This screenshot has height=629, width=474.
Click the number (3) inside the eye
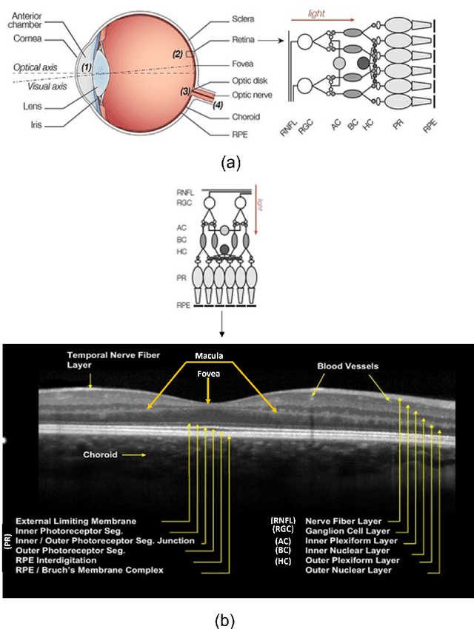(x=185, y=92)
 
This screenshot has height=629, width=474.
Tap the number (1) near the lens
(x=87, y=68)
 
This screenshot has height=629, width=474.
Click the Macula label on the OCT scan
(x=208, y=355)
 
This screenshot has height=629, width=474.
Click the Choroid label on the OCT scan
(x=100, y=456)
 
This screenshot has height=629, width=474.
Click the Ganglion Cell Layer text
(x=347, y=531)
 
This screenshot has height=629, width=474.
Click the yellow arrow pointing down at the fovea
(x=208, y=391)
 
